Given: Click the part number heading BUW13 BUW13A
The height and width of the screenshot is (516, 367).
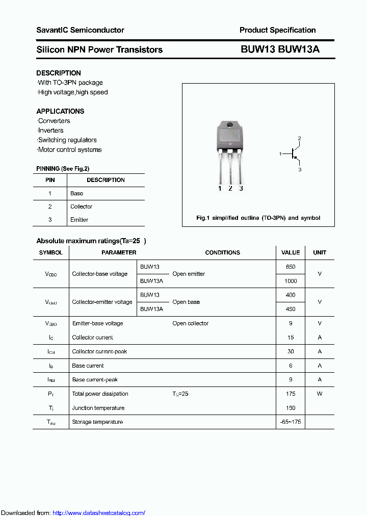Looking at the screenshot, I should (x=280, y=49).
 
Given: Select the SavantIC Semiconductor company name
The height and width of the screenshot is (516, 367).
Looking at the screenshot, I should (x=80, y=30).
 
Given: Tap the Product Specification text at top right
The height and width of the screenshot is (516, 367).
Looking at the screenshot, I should (x=277, y=30).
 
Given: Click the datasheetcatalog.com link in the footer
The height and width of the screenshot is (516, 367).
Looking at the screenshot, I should (x=99, y=512).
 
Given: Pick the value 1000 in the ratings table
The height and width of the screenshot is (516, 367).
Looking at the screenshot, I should (x=291, y=281).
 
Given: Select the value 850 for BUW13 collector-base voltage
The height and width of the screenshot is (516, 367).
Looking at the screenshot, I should (x=291, y=267).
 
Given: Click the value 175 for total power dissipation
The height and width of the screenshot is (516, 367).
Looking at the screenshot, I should (x=291, y=394).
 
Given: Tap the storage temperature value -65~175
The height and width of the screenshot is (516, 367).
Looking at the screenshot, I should (x=291, y=422).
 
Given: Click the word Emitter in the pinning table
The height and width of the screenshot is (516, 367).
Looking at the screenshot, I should (x=79, y=220).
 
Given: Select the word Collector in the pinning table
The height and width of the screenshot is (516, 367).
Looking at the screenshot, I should (x=81, y=207).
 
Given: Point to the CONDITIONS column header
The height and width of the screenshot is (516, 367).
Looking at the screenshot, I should (x=222, y=252).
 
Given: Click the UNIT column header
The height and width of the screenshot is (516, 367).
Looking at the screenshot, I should (x=320, y=252).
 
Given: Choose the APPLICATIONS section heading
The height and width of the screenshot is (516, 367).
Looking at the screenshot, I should (x=60, y=111).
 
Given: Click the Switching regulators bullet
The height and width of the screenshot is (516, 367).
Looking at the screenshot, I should (x=67, y=140).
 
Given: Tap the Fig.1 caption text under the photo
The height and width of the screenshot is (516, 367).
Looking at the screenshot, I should (x=258, y=218).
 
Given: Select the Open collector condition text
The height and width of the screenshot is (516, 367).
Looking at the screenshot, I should (x=190, y=323).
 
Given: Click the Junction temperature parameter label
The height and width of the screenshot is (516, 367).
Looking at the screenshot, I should (x=98, y=408).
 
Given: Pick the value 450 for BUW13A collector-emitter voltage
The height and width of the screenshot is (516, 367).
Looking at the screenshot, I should (x=291, y=309).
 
